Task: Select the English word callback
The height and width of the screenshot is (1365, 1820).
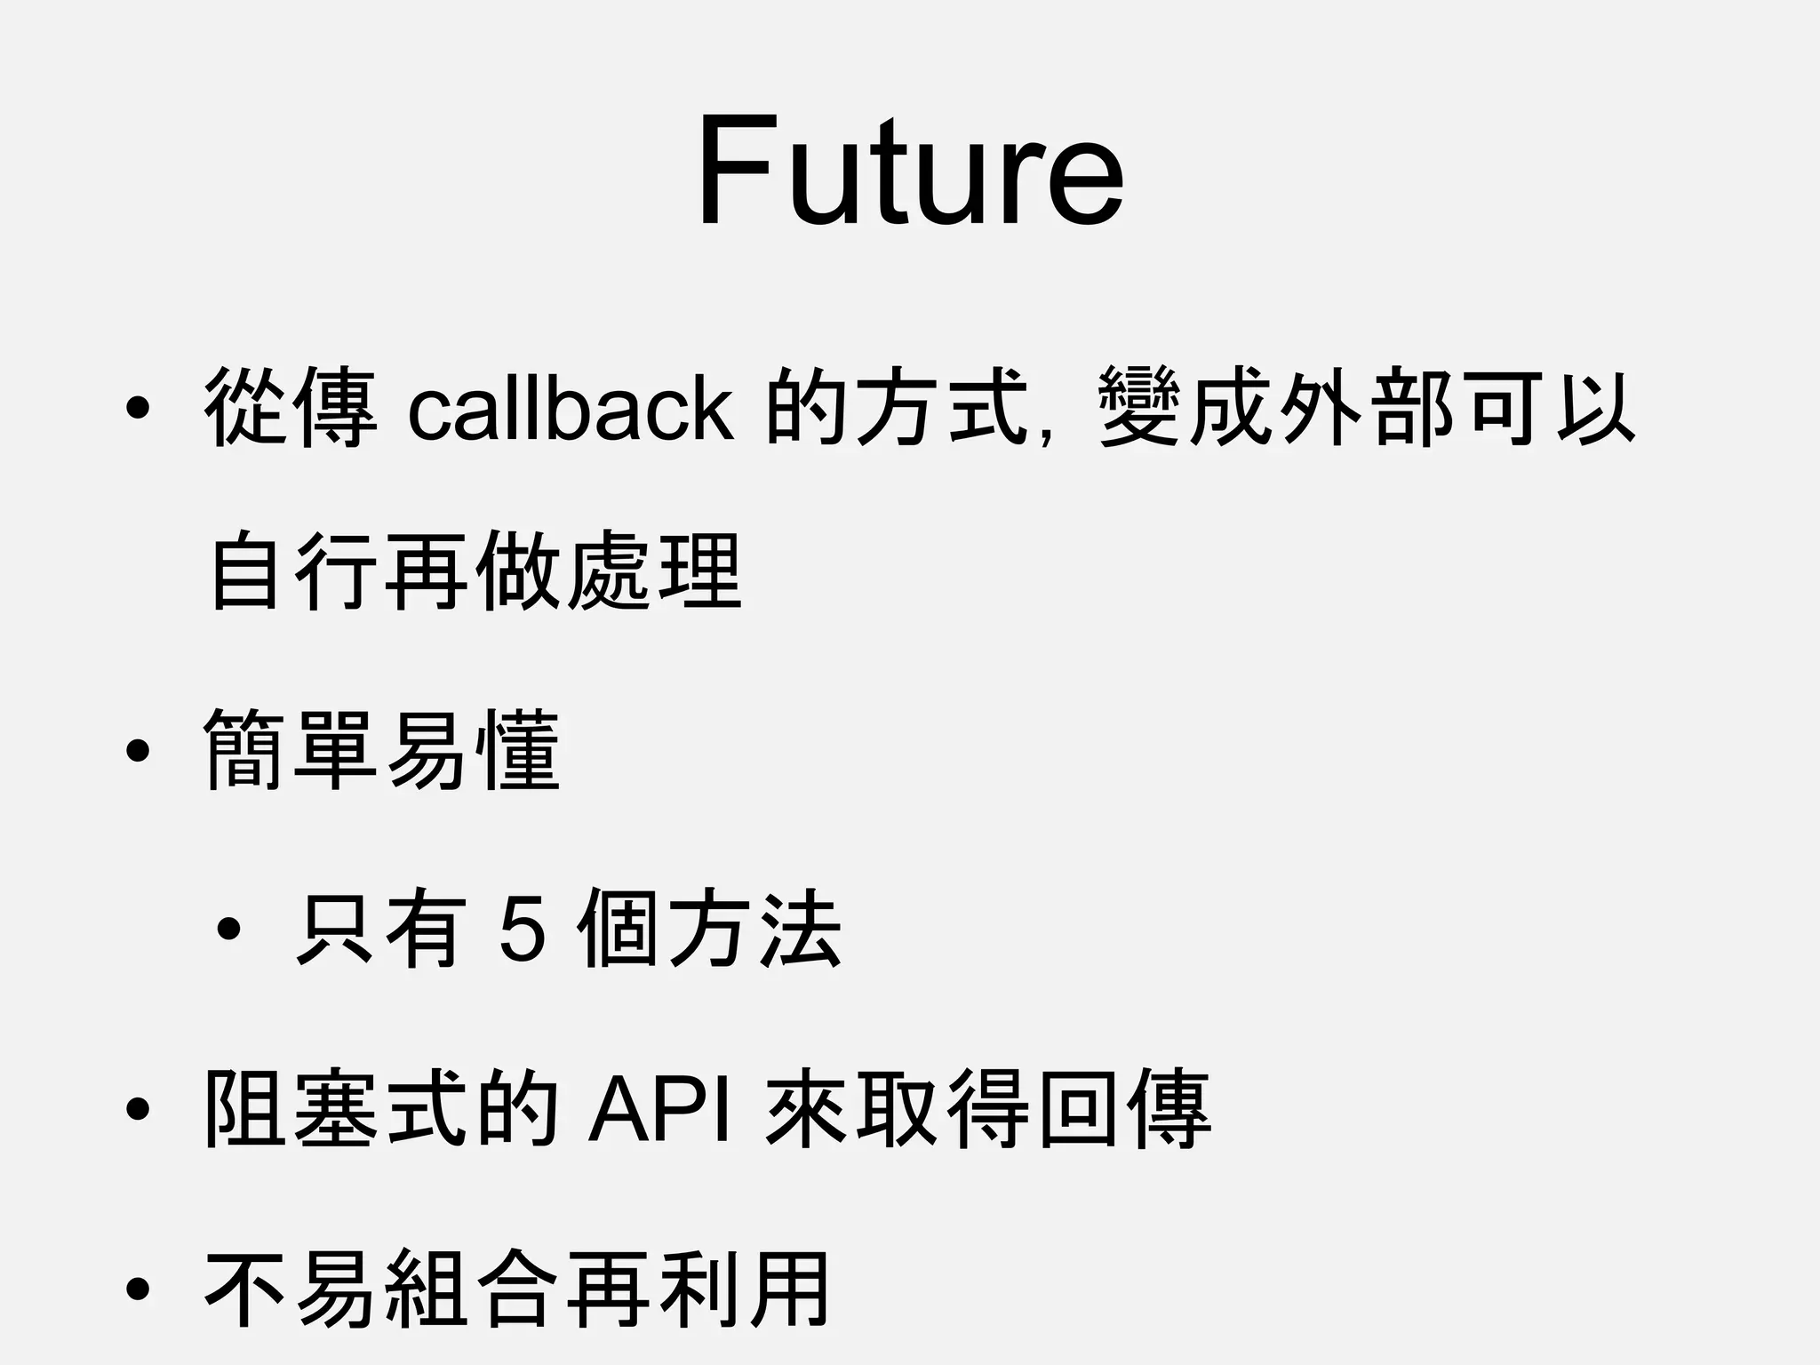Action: (571, 409)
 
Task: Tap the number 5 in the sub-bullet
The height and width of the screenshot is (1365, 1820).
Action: (523, 930)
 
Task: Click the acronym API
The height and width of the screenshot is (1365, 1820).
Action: (660, 1110)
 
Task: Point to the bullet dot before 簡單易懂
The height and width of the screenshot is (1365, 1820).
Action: (137, 752)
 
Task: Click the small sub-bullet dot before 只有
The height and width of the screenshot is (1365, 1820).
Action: (228, 930)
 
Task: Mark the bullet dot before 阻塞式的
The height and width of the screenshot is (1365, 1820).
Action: (137, 1110)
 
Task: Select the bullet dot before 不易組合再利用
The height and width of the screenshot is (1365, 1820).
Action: (137, 1289)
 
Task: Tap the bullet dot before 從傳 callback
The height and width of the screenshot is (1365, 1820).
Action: (137, 409)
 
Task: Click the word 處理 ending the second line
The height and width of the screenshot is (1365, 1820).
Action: (654, 571)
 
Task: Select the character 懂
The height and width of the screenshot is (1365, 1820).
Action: (519, 752)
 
